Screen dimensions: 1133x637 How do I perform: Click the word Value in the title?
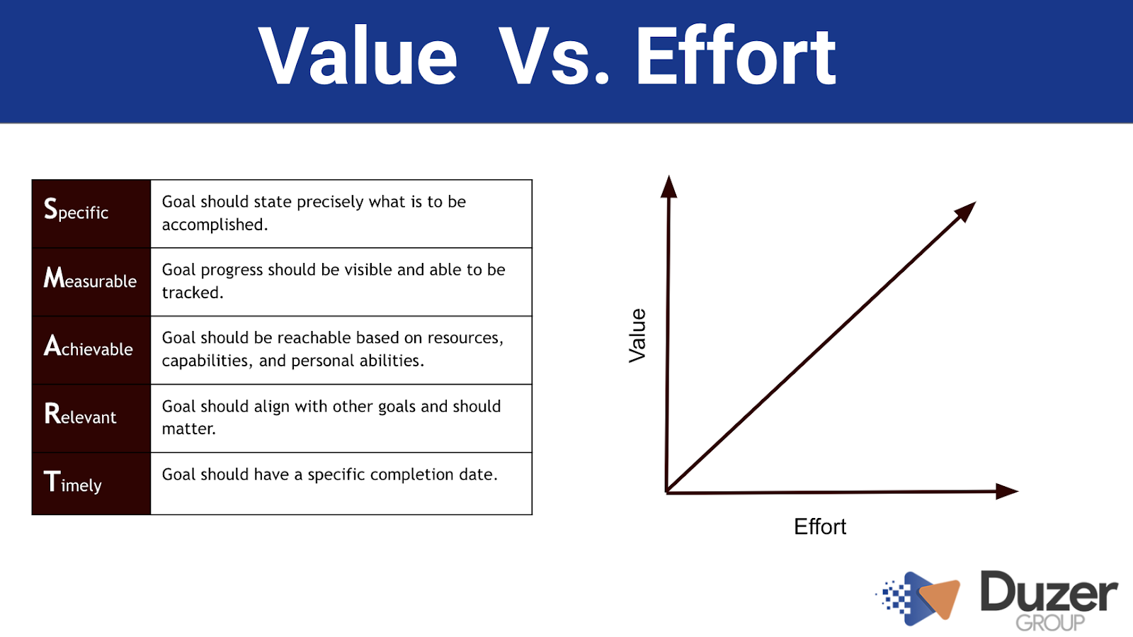click(x=358, y=56)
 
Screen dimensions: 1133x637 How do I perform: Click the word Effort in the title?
click(x=736, y=56)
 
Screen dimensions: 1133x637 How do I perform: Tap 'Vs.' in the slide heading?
click(x=553, y=56)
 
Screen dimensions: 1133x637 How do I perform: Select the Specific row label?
click(x=76, y=210)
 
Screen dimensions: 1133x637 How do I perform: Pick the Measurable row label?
click(x=90, y=278)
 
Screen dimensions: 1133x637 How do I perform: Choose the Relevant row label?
click(x=80, y=413)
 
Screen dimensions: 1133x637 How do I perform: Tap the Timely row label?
click(x=73, y=482)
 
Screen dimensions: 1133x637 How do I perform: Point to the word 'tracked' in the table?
click(x=192, y=293)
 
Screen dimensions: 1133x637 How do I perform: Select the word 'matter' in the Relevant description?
click(x=188, y=429)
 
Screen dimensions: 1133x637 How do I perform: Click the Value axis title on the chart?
click(x=637, y=335)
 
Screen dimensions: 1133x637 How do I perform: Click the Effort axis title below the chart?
click(x=820, y=526)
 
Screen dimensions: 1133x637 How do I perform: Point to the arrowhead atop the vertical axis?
click(x=668, y=186)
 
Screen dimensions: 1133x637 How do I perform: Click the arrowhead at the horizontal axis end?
click(x=1006, y=491)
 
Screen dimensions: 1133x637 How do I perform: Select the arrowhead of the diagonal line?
click(x=966, y=211)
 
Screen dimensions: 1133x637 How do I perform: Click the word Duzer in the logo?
click(x=1049, y=591)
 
